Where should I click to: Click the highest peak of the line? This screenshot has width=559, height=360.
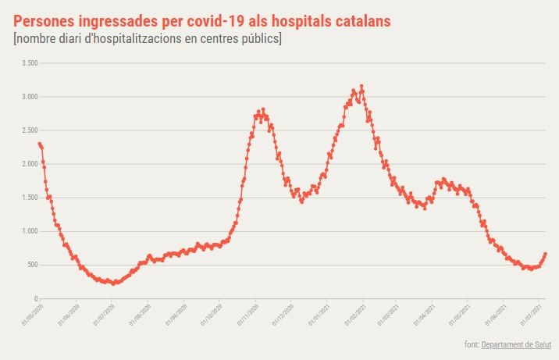tap(361, 86)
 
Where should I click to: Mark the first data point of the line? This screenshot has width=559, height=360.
tap(39, 144)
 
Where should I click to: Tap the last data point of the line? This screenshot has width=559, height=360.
tap(545, 254)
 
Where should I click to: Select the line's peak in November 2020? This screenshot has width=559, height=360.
tap(263, 109)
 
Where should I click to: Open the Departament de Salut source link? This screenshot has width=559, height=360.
tap(517, 344)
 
